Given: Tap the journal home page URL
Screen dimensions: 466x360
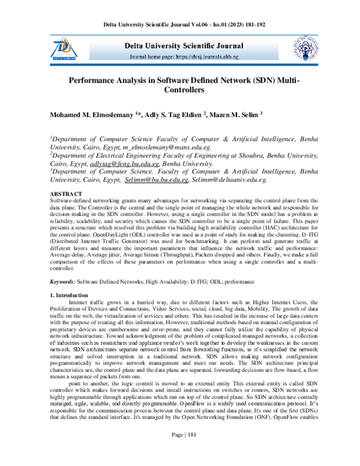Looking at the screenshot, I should click(212, 57).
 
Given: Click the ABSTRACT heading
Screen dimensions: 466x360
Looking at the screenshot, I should click(66, 194).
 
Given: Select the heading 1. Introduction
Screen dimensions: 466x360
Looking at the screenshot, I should click(71, 295).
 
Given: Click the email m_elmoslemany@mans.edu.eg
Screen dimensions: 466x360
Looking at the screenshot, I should click(166, 147).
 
